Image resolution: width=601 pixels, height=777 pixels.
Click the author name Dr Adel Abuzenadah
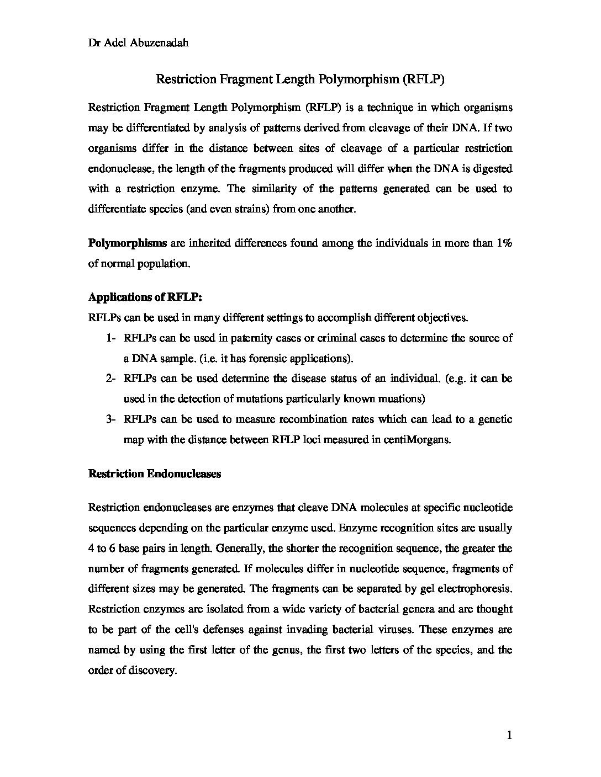pyautogui.click(x=139, y=42)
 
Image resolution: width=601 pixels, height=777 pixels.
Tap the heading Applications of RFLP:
pyautogui.click(x=145, y=297)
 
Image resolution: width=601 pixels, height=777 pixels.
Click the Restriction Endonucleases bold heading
pyautogui.click(x=155, y=473)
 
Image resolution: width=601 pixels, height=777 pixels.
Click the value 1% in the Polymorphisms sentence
pyautogui.click(x=504, y=243)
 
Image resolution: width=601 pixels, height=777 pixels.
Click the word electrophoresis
pyautogui.click(x=475, y=588)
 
